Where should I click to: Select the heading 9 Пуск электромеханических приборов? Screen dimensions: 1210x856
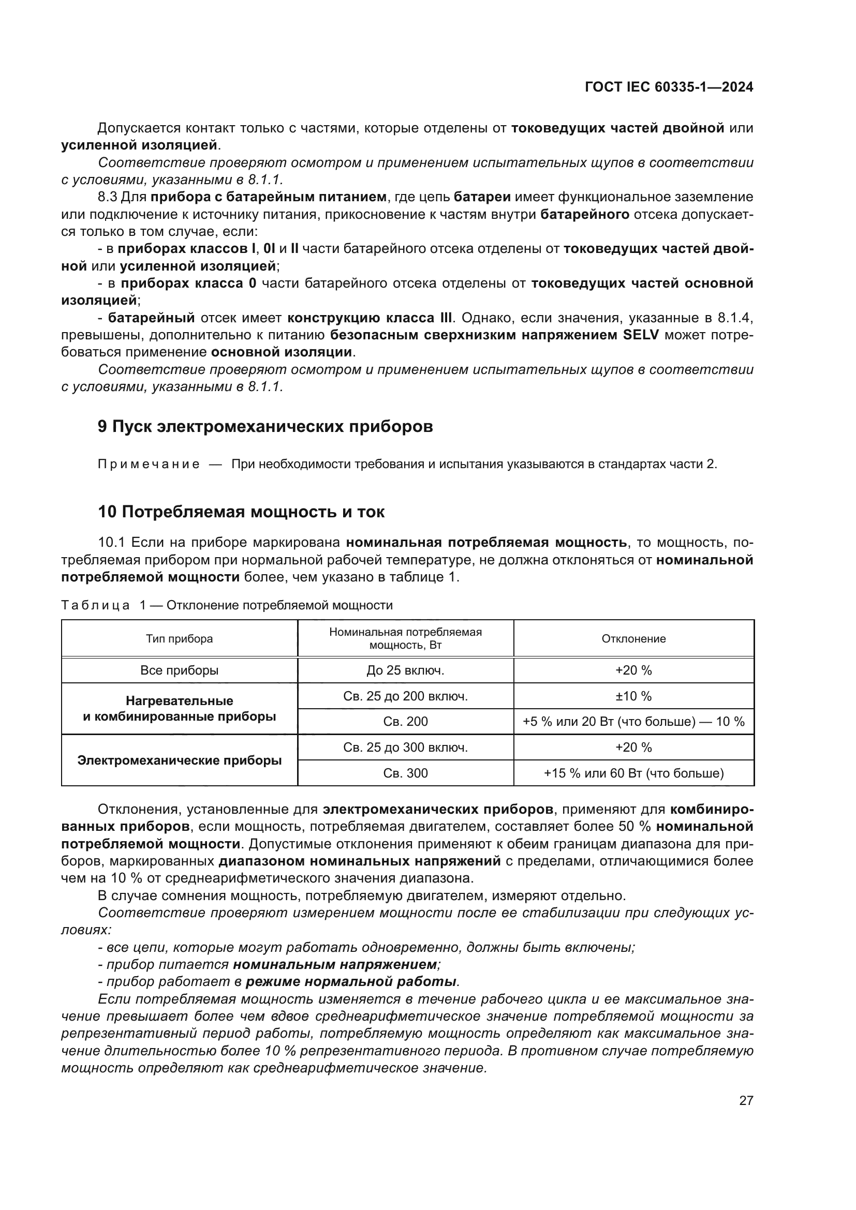tap(265, 426)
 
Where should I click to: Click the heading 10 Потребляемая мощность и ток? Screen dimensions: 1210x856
tap(241, 512)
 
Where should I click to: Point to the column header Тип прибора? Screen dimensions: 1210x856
tap(179, 639)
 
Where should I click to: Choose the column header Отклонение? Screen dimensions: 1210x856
tap(633, 639)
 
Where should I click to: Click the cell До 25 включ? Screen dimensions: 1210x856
tap(405, 670)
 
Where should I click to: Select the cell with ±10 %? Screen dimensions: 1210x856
tap(633, 696)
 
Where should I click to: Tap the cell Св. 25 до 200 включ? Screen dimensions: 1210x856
tap(405, 696)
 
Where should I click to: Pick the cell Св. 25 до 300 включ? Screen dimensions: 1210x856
tap(405, 748)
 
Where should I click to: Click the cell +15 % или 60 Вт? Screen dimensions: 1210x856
tap(633, 773)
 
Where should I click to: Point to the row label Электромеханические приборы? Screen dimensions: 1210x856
tap(179, 760)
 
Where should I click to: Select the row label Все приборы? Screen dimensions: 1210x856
tap(179, 670)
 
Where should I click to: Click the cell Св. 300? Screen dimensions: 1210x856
tap(405, 773)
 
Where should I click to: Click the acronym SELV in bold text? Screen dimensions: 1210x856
tap(640, 335)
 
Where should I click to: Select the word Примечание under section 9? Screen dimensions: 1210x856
tap(149, 464)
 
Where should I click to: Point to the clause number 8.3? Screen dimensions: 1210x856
tap(108, 197)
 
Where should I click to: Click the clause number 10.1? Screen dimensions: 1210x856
tap(112, 542)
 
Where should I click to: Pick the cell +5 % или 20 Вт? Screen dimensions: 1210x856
tap(633, 722)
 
